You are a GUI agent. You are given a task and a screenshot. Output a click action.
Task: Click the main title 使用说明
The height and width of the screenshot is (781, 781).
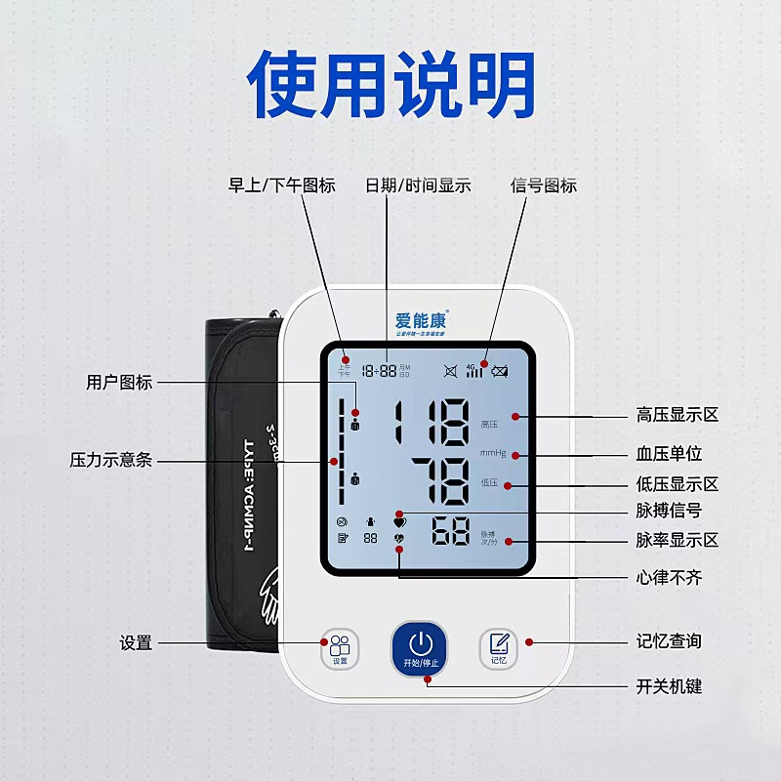[390, 85]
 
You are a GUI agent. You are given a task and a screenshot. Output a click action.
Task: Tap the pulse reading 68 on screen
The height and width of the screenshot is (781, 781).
[451, 533]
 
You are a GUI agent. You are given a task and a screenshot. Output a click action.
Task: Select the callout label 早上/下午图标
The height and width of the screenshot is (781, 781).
[281, 185]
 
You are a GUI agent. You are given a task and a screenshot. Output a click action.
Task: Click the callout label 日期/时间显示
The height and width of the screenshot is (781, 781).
[418, 185]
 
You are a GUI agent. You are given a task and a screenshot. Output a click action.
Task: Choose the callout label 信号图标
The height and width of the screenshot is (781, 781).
[544, 185]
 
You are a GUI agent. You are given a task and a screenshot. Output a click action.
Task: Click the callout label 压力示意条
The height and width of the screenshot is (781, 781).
[111, 460]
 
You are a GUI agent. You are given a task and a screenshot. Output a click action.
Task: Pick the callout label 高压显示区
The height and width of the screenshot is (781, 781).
[677, 415]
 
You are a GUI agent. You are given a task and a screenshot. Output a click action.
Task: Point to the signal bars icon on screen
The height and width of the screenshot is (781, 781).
[474, 371]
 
